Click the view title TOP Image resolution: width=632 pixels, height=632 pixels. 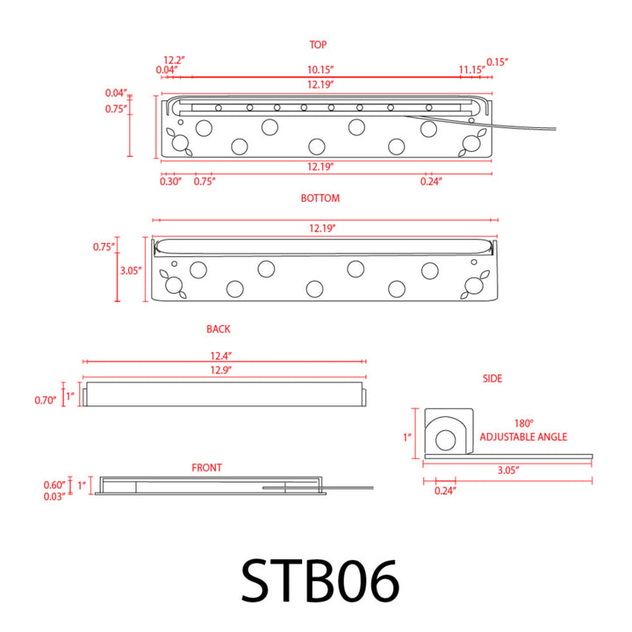[318, 44]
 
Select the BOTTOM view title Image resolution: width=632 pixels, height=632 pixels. [320, 198]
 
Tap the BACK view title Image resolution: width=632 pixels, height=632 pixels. [219, 329]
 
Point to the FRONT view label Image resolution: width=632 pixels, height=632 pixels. [207, 468]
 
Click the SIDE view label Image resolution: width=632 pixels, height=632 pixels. [492, 378]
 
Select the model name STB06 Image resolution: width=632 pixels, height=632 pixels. [320, 581]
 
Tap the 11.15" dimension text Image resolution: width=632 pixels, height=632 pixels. [471, 69]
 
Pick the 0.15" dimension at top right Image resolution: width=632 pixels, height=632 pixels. [498, 61]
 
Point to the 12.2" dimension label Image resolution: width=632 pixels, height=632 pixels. [175, 61]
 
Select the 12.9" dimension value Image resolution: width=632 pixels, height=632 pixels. [220, 371]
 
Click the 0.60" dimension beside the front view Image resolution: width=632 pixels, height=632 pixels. [54, 485]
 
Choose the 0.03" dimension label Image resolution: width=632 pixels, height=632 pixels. [54, 496]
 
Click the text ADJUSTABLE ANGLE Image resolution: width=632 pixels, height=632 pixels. [523, 437]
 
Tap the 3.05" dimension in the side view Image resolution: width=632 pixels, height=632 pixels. [506, 470]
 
